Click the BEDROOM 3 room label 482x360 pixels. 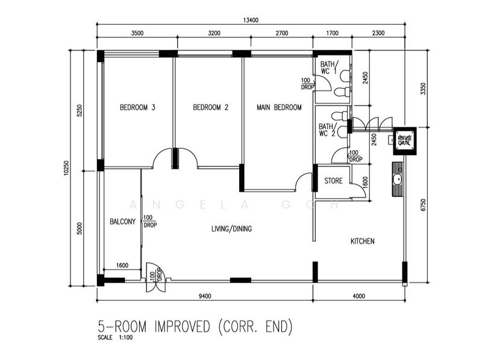[x=137, y=107]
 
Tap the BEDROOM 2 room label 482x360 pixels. [x=210, y=107]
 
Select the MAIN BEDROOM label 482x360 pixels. [x=279, y=107]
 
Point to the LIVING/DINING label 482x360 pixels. [x=231, y=229]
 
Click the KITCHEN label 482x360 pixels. [x=363, y=241]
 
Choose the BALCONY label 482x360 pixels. [x=123, y=221]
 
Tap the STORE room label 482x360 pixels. [x=333, y=181]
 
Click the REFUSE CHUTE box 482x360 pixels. [x=404, y=141]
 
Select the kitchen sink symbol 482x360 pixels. [x=398, y=179]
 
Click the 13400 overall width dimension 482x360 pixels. [x=251, y=21]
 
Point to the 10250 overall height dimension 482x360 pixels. [x=67, y=168]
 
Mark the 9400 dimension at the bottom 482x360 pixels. [x=205, y=296]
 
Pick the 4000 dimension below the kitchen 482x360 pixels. [x=358, y=296]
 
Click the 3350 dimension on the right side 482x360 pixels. [x=424, y=89]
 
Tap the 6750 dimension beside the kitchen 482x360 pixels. [x=424, y=205]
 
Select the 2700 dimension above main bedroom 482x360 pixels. [x=282, y=33]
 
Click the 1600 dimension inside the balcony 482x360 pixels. [x=122, y=265]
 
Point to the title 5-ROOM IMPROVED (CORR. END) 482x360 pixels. [x=195, y=326]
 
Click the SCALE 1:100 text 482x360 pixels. [x=115, y=337]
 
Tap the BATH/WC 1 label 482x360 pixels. [x=329, y=68]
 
